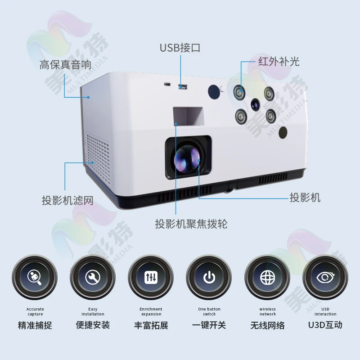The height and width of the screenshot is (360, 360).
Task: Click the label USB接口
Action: (180, 48)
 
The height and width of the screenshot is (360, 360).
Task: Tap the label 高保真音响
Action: (65, 65)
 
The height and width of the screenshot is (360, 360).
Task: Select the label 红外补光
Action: (279, 61)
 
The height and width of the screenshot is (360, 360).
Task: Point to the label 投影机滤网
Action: (67, 200)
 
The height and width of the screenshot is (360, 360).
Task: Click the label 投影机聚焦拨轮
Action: (191, 224)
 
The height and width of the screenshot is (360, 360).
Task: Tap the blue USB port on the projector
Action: (182, 86)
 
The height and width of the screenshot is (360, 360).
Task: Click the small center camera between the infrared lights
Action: (255, 105)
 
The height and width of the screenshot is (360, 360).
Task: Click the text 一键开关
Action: (209, 325)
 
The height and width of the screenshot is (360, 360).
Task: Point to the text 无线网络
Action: (267, 325)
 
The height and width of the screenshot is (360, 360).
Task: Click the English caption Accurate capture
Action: (35, 311)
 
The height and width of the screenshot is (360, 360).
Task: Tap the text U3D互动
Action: (325, 324)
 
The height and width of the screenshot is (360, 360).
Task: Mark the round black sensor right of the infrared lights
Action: (283, 132)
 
